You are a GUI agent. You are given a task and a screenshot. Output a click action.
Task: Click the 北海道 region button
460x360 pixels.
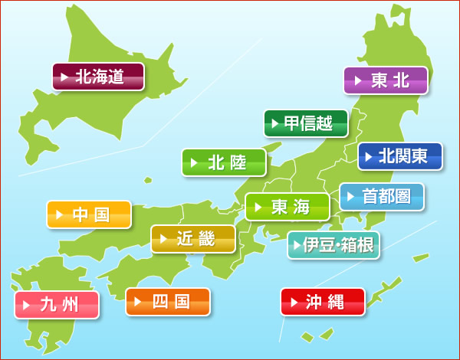[x=98, y=77]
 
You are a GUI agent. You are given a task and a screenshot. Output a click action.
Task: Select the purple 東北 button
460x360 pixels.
[x=386, y=80]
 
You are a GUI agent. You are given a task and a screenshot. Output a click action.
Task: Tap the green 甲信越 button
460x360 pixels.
[x=306, y=123]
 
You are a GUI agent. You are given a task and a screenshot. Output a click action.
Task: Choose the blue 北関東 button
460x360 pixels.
[x=400, y=156]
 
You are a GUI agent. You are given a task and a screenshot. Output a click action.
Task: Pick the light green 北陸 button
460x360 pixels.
[x=224, y=162]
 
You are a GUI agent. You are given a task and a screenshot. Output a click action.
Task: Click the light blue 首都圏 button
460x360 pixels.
[x=382, y=197]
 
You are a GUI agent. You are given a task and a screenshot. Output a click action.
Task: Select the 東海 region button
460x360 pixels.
[x=287, y=207]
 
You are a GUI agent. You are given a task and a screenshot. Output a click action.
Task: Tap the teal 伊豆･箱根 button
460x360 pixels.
[x=333, y=245]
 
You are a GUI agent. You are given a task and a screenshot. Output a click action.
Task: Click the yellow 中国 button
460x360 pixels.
[x=89, y=214]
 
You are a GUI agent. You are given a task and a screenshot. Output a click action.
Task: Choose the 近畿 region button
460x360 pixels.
[x=193, y=239]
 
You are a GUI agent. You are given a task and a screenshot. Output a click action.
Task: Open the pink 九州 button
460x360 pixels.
[x=57, y=305]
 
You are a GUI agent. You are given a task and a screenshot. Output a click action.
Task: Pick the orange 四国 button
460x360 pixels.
[x=168, y=302]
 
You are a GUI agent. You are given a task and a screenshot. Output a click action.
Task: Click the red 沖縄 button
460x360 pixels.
[x=323, y=302]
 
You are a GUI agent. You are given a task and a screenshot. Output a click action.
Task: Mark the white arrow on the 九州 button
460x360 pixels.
[x=28, y=305]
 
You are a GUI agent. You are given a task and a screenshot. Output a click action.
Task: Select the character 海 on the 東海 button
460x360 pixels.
[x=301, y=207]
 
